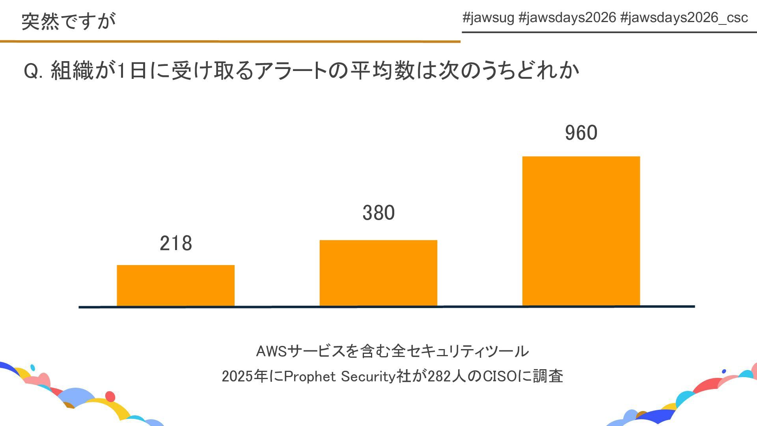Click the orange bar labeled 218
click(175, 285)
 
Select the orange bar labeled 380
click(378, 273)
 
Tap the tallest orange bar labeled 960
click(581, 231)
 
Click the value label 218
click(176, 243)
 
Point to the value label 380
click(378, 213)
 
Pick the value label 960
click(581, 133)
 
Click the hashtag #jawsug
click(488, 18)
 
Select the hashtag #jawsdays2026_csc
click(684, 18)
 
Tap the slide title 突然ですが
click(69, 21)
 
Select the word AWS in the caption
click(272, 351)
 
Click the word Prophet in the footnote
click(310, 376)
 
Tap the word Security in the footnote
click(368, 376)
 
